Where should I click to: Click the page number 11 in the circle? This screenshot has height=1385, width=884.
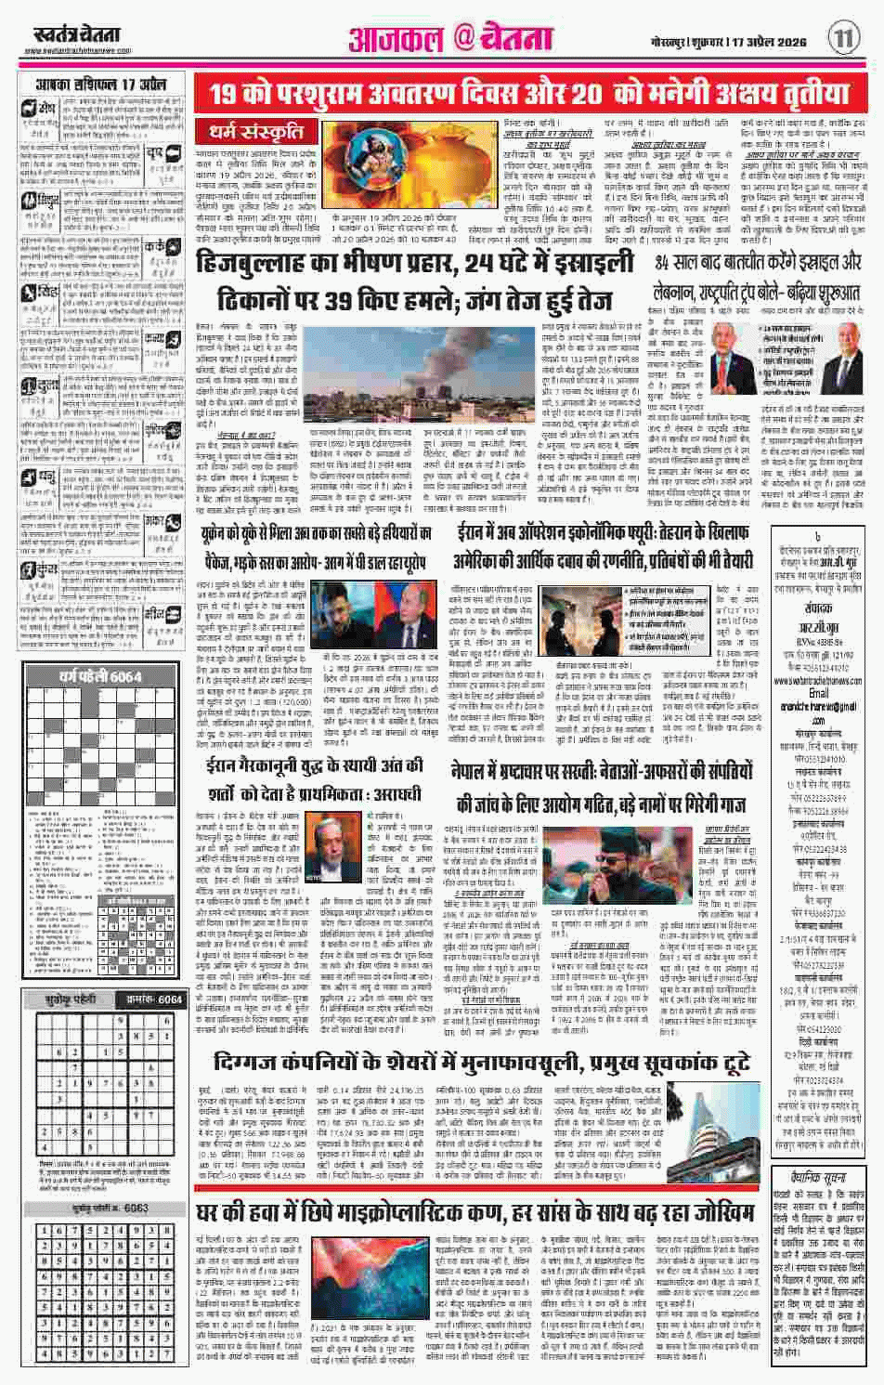pyautogui.click(x=843, y=37)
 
